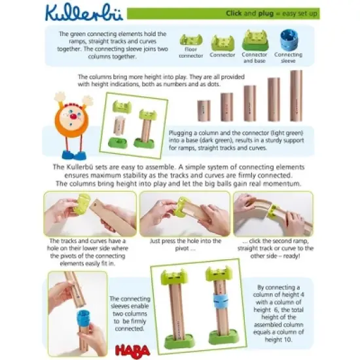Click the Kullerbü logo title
point(73,13)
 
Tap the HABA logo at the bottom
point(179,350)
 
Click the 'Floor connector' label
point(191,52)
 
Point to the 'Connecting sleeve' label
point(288,57)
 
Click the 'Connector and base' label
point(255,57)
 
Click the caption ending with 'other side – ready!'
point(274,249)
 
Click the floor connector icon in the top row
point(191,40)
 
